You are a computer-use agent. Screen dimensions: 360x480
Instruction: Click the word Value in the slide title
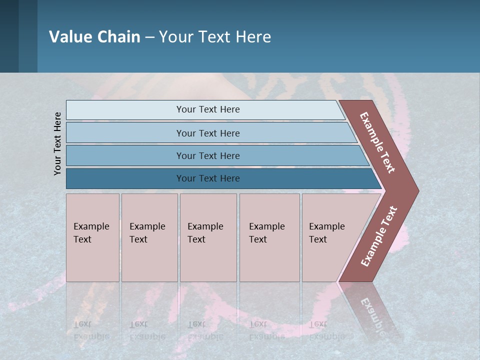[70, 37]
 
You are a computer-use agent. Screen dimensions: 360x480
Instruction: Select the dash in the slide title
[149, 37]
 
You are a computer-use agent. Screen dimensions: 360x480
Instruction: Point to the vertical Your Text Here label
[57, 143]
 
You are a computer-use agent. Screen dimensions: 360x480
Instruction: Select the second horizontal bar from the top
[208, 133]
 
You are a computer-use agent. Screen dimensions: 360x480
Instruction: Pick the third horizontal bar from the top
[208, 155]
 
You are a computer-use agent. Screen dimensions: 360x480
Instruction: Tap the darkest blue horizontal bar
[208, 178]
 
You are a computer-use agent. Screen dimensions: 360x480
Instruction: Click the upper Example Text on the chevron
[377, 142]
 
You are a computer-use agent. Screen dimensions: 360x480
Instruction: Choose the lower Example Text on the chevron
[379, 236]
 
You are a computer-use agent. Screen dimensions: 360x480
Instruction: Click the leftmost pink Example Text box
[92, 237]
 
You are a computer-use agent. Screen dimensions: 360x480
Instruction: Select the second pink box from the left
[149, 237]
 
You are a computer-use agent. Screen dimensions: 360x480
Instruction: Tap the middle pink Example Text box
[208, 237]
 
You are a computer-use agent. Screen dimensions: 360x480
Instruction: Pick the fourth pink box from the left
[269, 237]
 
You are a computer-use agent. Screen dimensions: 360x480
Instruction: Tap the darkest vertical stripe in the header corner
[9, 36]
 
